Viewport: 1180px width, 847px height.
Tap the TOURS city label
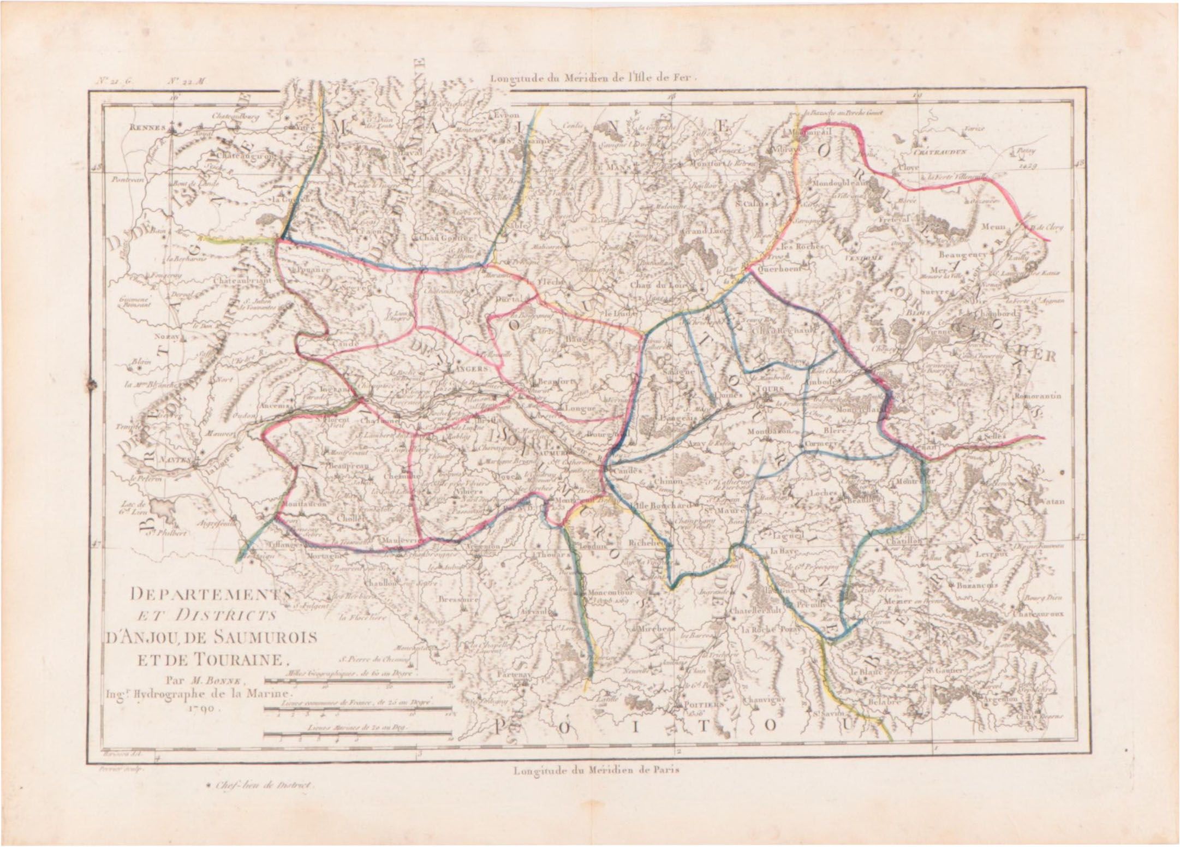pyautogui.click(x=770, y=388)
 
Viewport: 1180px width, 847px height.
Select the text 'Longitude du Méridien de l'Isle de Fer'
pyautogui.click(x=594, y=78)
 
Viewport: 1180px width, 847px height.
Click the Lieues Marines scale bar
pyautogui.click(x=357, y=737)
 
